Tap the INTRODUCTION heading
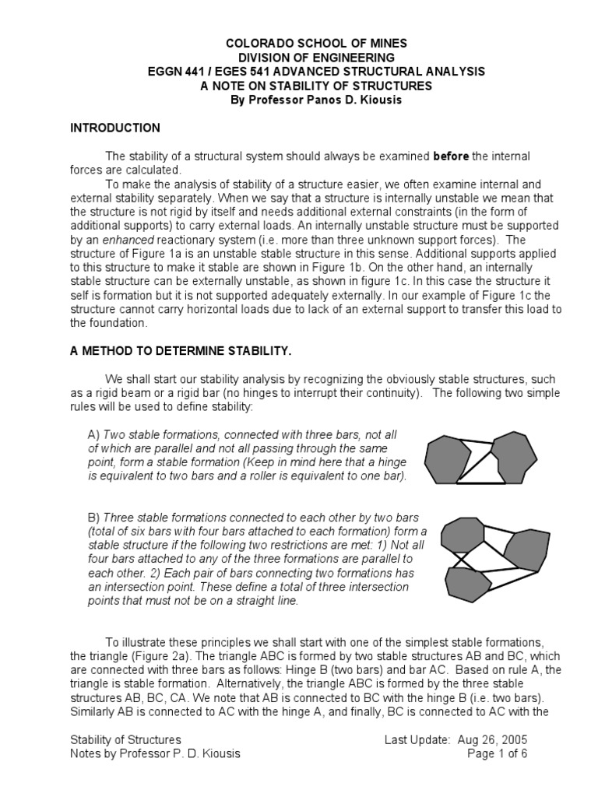[x=115, y=128]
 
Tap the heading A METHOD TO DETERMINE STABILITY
[x=181, y=352]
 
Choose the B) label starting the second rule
[x=94, y=518]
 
